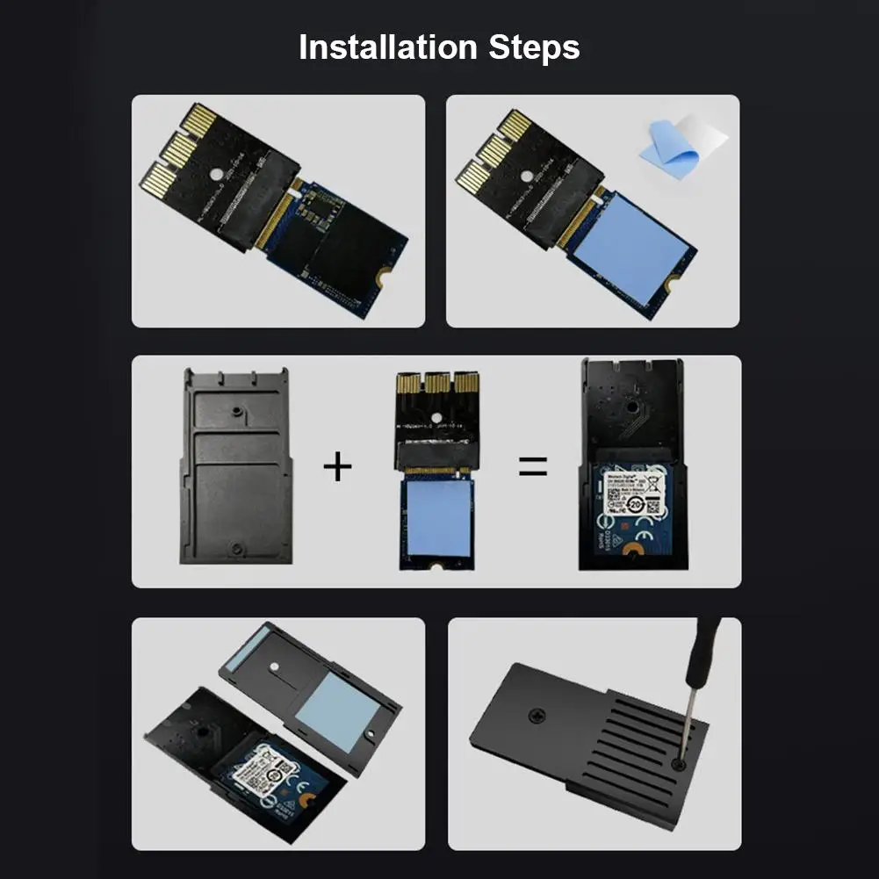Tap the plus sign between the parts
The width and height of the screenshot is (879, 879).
pos(337,466)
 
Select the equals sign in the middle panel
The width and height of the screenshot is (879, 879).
pos(532,466)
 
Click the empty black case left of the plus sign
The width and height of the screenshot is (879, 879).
pos(235,465)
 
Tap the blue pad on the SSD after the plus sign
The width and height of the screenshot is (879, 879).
pos(436,518)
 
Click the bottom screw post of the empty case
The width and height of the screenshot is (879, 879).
pos(234,549)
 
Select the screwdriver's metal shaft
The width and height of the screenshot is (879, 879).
pos(688,711)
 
